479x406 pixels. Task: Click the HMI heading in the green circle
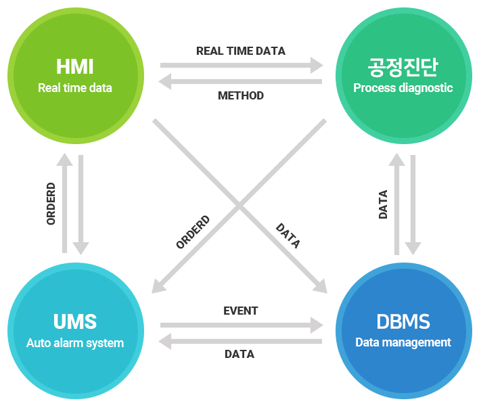pos(75,67)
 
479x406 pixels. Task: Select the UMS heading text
pos(75,321)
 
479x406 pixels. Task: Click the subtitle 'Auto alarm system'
pos(75,343)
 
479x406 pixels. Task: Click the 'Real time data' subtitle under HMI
pos(75,88)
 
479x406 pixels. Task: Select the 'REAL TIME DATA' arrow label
pos(240,51)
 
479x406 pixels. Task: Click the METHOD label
pos(240,96)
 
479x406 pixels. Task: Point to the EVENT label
pos(240,311)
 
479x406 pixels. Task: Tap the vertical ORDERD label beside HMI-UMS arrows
pos(51,204)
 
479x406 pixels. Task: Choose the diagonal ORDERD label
pos(193,232)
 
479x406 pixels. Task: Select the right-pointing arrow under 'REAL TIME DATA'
pos(242,66)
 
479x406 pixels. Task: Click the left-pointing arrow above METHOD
pos(240,81)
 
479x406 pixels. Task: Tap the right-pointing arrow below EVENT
pos(242,325)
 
